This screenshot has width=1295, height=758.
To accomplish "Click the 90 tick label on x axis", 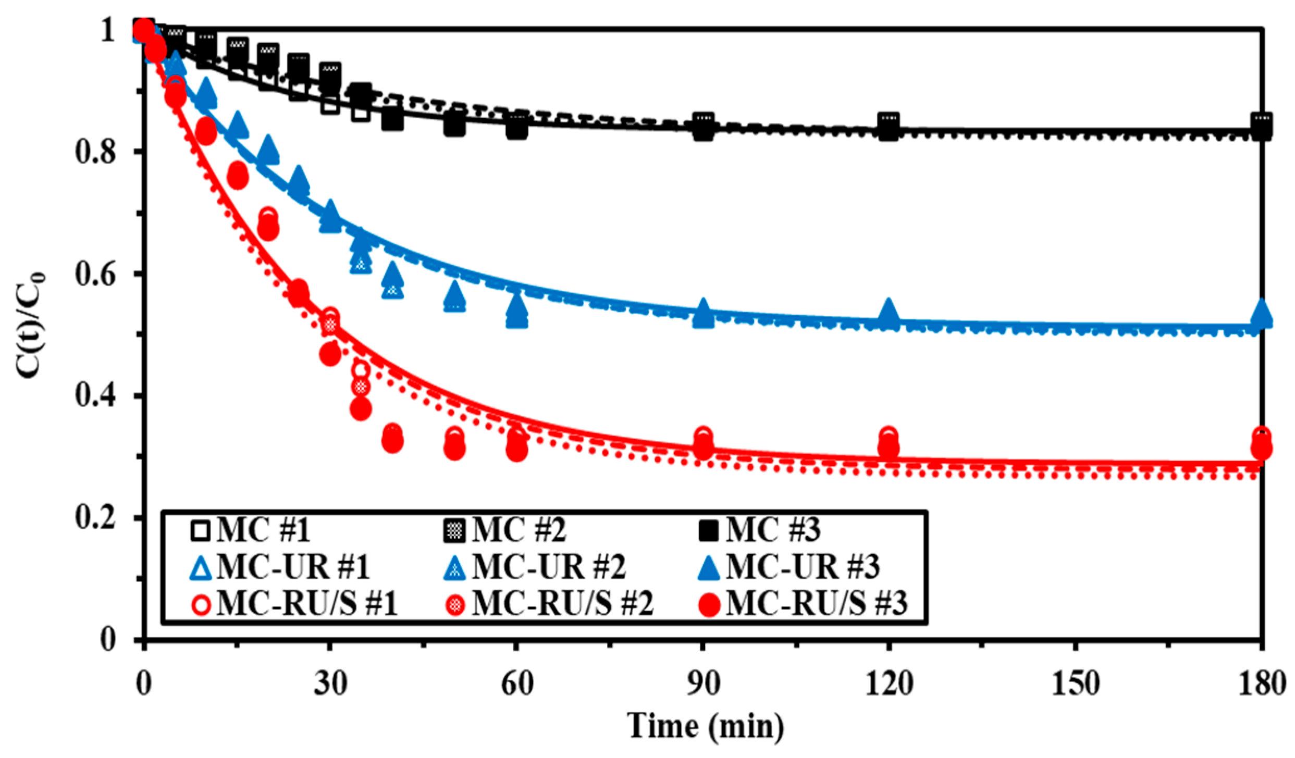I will [x=703, y=684].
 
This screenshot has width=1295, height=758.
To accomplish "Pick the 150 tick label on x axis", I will [x=1075, y=684].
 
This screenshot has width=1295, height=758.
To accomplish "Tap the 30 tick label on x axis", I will [x=330, y=684].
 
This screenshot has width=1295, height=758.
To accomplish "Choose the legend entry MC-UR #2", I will [x=534, y=567].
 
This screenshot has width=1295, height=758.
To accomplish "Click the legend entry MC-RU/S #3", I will [x=803, y=604].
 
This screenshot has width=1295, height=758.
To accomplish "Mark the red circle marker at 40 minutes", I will [x=392, y=438].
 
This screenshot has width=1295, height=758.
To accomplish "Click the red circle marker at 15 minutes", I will [x=238, y=175].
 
